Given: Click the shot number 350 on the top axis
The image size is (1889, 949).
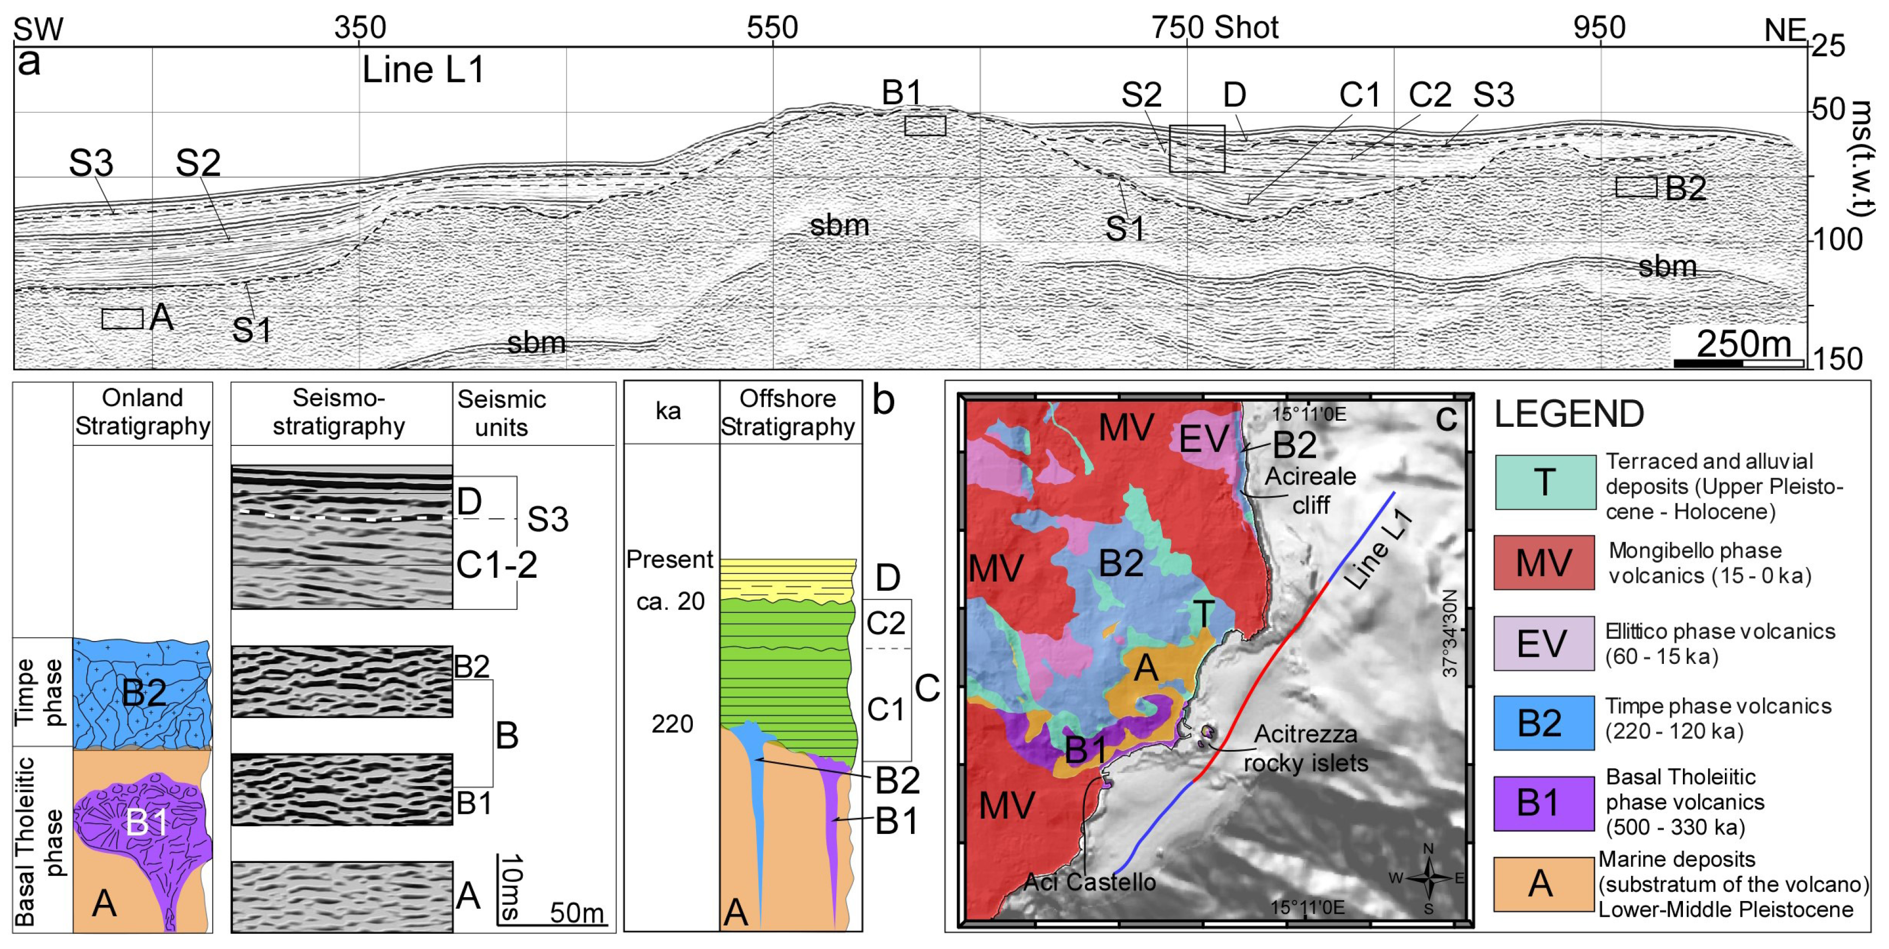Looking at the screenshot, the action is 359,28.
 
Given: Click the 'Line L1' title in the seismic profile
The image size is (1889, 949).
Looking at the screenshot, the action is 423,70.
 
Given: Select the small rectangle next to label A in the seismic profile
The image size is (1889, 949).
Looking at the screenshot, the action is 123,318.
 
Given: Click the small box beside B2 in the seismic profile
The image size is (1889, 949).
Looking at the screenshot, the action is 1636,187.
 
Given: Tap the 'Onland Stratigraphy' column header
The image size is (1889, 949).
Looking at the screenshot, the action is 142,412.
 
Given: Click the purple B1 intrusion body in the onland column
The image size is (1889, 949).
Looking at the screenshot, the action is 147,821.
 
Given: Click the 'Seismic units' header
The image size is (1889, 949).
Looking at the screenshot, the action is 502,412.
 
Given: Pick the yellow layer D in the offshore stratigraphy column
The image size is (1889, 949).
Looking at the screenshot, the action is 787,579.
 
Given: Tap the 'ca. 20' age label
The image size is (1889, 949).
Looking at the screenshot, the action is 670,601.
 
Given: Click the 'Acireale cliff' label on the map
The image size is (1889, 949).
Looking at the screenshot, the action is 1309,490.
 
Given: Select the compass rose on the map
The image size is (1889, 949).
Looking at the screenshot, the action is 1428,878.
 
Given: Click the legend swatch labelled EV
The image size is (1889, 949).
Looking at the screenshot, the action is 1543,643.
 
